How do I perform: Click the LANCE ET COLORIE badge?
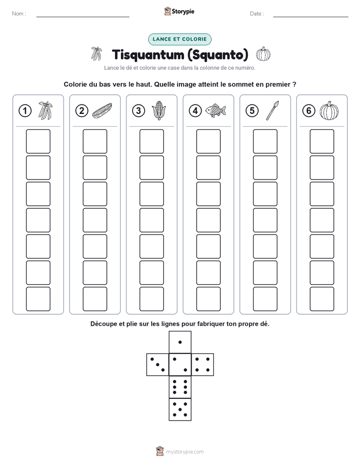[179, 39]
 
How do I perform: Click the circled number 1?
[25, 111]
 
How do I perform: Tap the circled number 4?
[195, 111]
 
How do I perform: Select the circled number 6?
[309, 111]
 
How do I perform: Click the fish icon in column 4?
[216, 110]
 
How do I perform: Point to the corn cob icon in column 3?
[159, 110]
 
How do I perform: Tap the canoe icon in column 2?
[102, 110]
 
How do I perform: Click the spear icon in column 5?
[272, 110]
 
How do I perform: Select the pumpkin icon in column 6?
[329, 110]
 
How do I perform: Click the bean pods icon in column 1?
[45, 110]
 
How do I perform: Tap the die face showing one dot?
[180, 342]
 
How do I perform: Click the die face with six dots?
[180, 387]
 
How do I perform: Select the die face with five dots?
[180, 410]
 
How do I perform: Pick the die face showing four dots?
[203, 365]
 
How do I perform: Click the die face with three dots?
[158, 365]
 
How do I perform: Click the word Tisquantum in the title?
[148, 54]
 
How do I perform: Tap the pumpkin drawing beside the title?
[263, 54]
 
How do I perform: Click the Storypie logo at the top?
[179, 12]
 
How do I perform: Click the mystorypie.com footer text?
[185, 452]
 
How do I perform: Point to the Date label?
[257, 14]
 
